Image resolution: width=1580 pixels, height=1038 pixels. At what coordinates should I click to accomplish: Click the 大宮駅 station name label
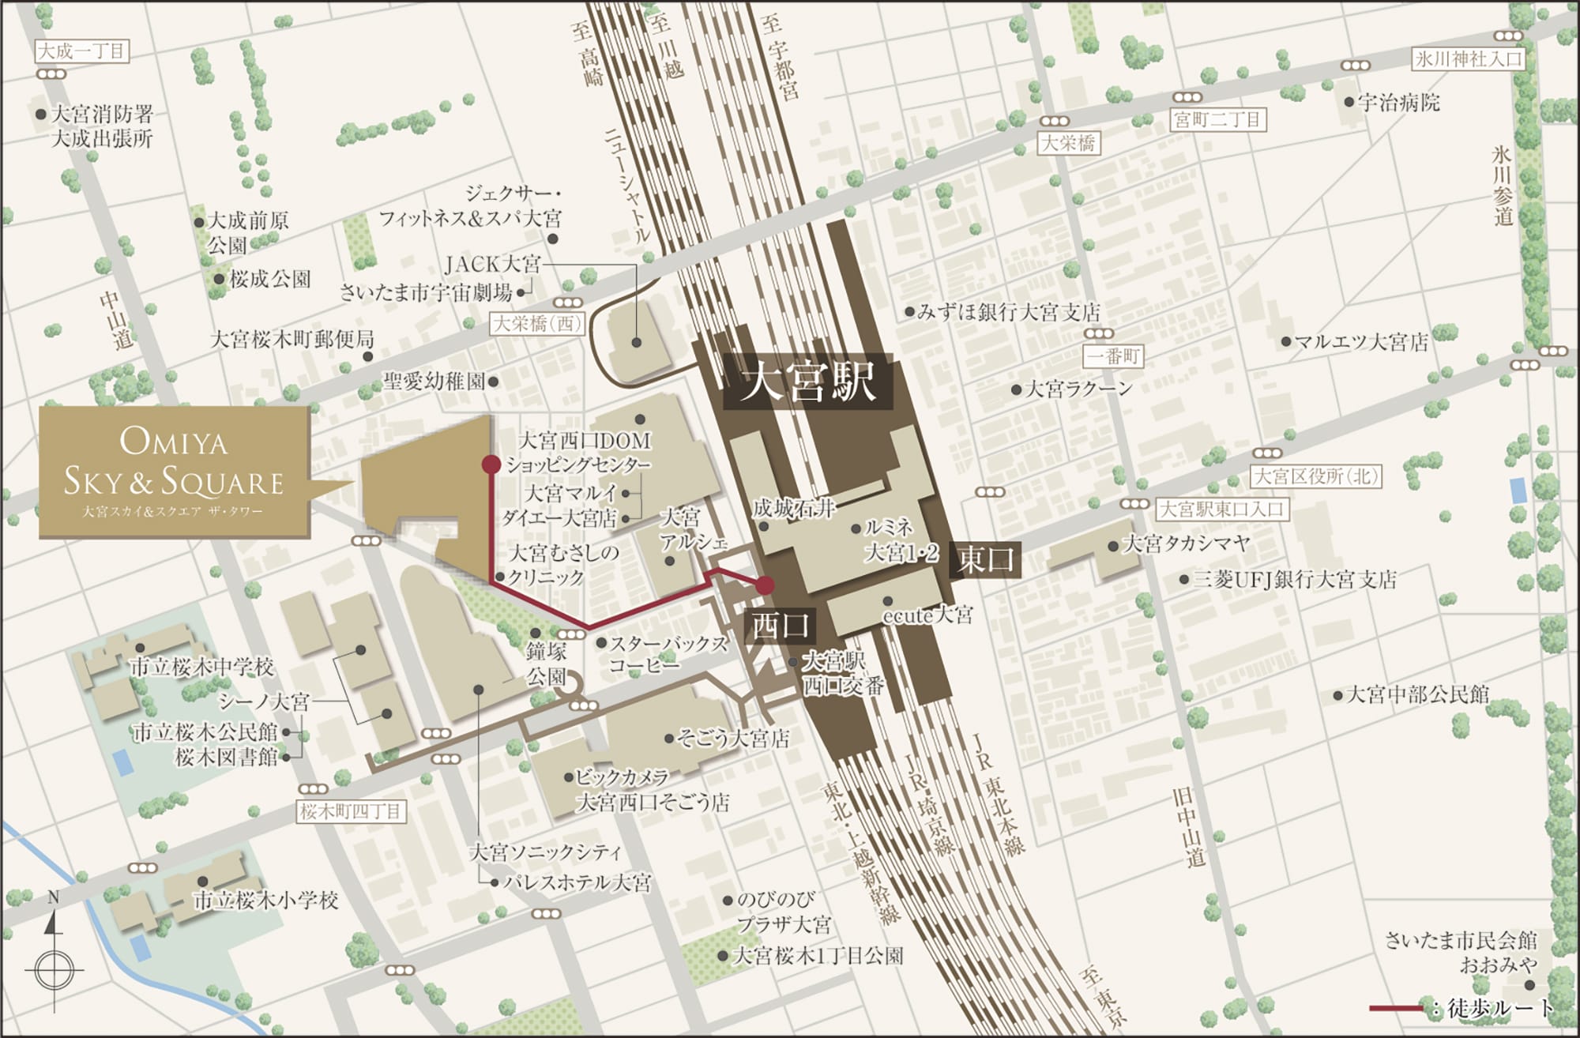coord(808,382)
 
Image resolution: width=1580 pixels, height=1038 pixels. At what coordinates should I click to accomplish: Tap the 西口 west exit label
coord(781,626)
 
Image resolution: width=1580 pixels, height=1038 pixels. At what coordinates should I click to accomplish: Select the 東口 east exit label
coord(985,559)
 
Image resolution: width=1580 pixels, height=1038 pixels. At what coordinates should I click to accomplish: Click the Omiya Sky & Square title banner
coord(174,472)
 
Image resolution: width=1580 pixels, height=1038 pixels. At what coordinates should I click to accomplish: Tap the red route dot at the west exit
coord(765,585)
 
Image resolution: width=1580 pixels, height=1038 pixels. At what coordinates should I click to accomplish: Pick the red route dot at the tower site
coord(491,464)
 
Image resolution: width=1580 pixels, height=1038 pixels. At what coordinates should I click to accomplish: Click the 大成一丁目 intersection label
coord(81,52)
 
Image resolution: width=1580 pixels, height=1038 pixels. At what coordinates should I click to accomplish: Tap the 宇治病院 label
coord(1399,103)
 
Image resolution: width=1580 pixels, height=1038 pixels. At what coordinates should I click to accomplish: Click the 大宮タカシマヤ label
coord(1186,543)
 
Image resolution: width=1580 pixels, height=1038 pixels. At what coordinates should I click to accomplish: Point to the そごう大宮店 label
coord(733,739)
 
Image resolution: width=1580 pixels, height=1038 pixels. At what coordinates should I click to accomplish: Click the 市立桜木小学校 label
coord(266,900)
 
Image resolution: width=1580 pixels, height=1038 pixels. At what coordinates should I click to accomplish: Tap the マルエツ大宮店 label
coord(1361,342)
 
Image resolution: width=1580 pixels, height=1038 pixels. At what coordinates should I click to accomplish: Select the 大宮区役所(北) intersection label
coord(1316,476)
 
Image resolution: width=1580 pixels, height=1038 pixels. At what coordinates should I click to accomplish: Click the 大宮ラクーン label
coord(1079,389)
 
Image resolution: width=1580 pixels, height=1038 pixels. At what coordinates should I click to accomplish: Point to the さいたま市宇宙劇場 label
coord(427,292)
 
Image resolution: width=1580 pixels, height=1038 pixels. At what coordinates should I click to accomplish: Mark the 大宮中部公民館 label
coord(1417,694)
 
